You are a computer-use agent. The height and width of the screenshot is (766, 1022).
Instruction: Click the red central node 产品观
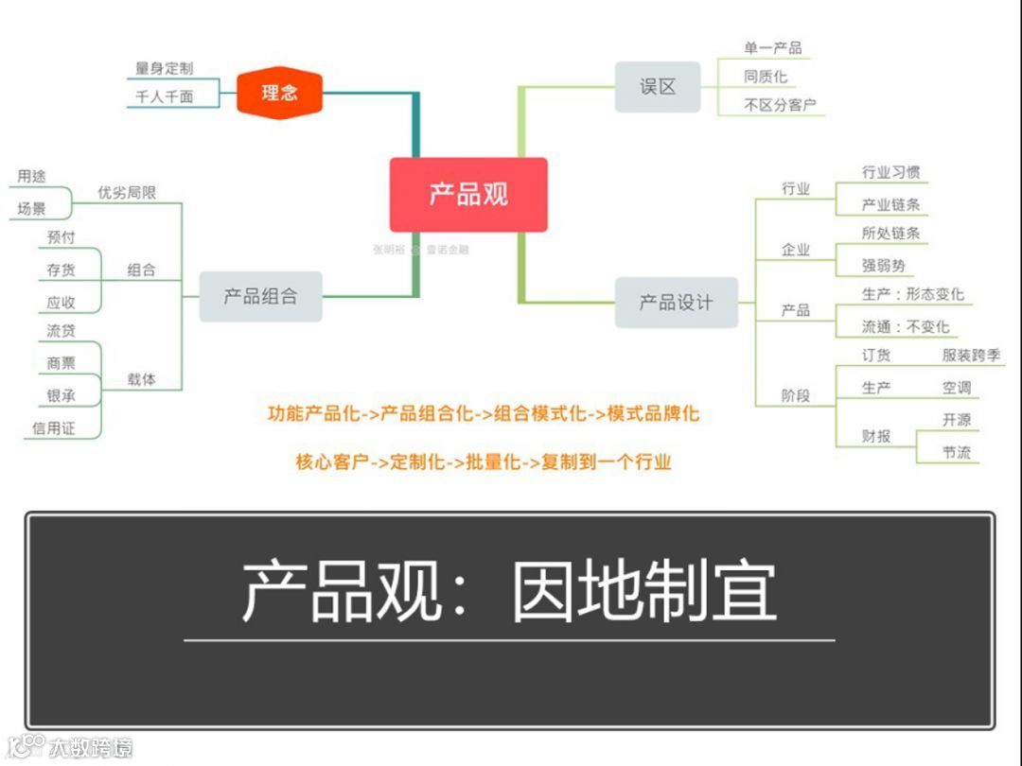(x=468, y=195)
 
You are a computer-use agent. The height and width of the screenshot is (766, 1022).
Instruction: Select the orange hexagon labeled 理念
(x=279, y=93)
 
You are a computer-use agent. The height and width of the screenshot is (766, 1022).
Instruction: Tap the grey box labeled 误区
(x=658, y=87)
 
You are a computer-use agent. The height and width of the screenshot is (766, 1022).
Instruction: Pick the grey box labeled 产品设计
(x=676, y=303)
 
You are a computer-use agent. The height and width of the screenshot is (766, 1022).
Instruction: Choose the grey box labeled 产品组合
(x=260, y=296)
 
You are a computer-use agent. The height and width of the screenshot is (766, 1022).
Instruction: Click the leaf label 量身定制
(x=164, y=69)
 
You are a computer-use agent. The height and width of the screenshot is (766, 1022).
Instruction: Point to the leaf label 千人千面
(x=164, y=96)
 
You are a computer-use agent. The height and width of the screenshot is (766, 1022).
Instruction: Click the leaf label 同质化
(x=765, y=77)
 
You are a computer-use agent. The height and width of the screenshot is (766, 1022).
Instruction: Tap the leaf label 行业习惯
(x=890, y=173)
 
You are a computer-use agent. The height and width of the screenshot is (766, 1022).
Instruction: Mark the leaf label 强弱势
(x=883, y=266)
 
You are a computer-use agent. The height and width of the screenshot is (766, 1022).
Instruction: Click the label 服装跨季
(x=971, y=356)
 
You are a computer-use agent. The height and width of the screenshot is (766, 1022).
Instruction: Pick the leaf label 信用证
(x=53, y=428)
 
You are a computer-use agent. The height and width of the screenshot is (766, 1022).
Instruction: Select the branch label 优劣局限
(x=127, y=193)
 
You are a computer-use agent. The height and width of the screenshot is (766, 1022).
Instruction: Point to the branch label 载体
(x=141, y=379)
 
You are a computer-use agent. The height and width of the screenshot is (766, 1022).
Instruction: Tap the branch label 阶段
(x=796, y=395)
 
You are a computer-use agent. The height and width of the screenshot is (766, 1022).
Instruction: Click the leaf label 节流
(x=957, y=452)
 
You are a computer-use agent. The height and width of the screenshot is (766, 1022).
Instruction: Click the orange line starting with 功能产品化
(x=484, y=413)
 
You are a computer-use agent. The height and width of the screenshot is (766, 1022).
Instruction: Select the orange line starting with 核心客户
(x=484, y=462)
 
